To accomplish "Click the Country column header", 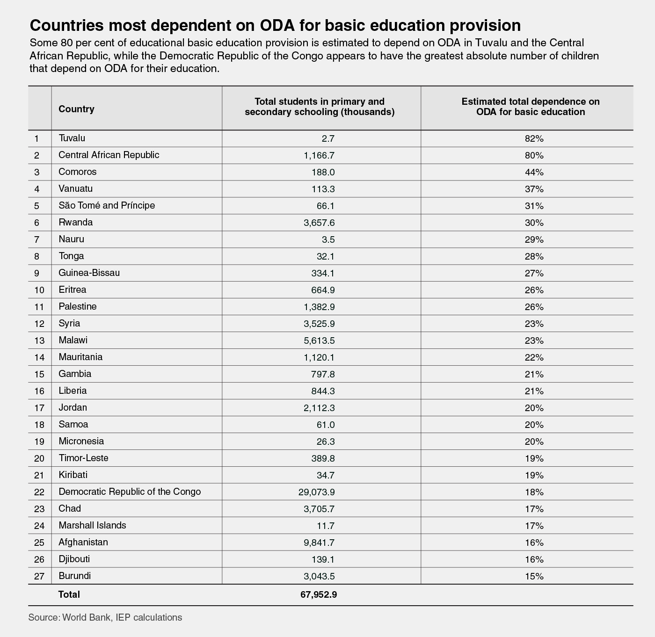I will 77,109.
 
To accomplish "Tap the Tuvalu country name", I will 72,138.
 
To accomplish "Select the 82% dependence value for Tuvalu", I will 534,138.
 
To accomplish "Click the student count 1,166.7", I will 319,155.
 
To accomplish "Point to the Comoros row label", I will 78,172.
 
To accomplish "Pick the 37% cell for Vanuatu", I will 534,189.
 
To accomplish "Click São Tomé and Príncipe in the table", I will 107,205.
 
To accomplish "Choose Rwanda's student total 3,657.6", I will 319,223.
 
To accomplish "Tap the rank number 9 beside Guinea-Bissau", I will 37,273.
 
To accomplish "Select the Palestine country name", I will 78,306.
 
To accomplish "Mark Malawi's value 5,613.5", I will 319,340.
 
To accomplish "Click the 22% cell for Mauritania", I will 534,357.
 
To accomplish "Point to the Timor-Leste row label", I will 83,458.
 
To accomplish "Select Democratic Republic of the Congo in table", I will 130,492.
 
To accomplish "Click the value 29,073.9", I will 316,492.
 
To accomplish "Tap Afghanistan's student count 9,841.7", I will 319,543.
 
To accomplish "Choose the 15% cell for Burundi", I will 534,576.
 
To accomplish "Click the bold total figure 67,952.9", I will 319,594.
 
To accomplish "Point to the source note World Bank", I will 87,617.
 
